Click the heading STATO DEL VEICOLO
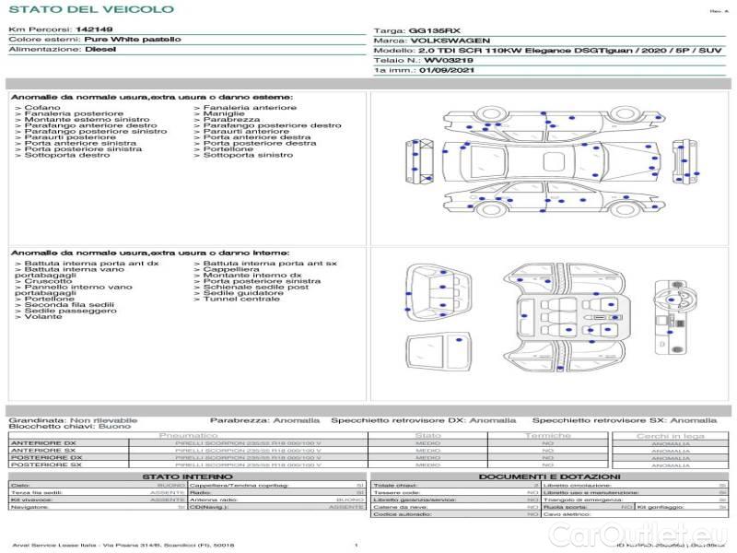[90, 9]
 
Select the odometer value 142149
[94, 29]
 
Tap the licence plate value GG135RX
[429, 30]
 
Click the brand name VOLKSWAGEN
[446, 41]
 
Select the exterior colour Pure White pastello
[133, 40]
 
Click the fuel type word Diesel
[99, 50]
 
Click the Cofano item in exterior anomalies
[43, 108]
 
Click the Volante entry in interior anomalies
[43, 317]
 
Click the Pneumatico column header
[189, 435]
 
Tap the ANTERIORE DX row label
[47, 443]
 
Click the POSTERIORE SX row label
[47, 465]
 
